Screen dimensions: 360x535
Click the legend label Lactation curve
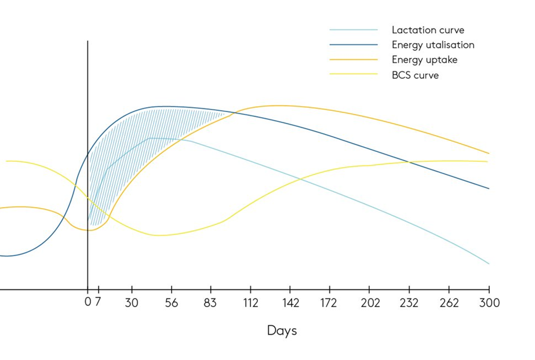tap(428, 30)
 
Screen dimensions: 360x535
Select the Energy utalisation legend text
tap(432, 45)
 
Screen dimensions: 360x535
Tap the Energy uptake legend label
tap(424, 60)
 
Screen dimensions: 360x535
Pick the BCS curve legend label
tap(415, 75)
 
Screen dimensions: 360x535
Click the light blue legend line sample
tap(353, 30)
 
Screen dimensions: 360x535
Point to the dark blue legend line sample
tap(353, 45)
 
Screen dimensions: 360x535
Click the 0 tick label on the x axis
tap(88, 303)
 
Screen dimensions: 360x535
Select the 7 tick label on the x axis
tap(99, 303)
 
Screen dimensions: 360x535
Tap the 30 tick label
tap(132, 303)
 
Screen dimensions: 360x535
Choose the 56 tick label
tap(172, 303)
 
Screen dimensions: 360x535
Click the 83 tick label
tap(211, 303)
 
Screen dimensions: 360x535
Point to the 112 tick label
tap(250, 303)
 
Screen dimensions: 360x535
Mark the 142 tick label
tap(290, 303)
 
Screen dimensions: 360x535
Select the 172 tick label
tap(329, 303)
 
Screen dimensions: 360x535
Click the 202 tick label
tap(369, 303)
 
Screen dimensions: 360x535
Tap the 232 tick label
tap(409, 303)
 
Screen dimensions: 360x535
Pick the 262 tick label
tap(448, 303)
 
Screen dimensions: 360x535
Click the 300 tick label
tap(489, 303)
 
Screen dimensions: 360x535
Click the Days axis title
tap(282, 331)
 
